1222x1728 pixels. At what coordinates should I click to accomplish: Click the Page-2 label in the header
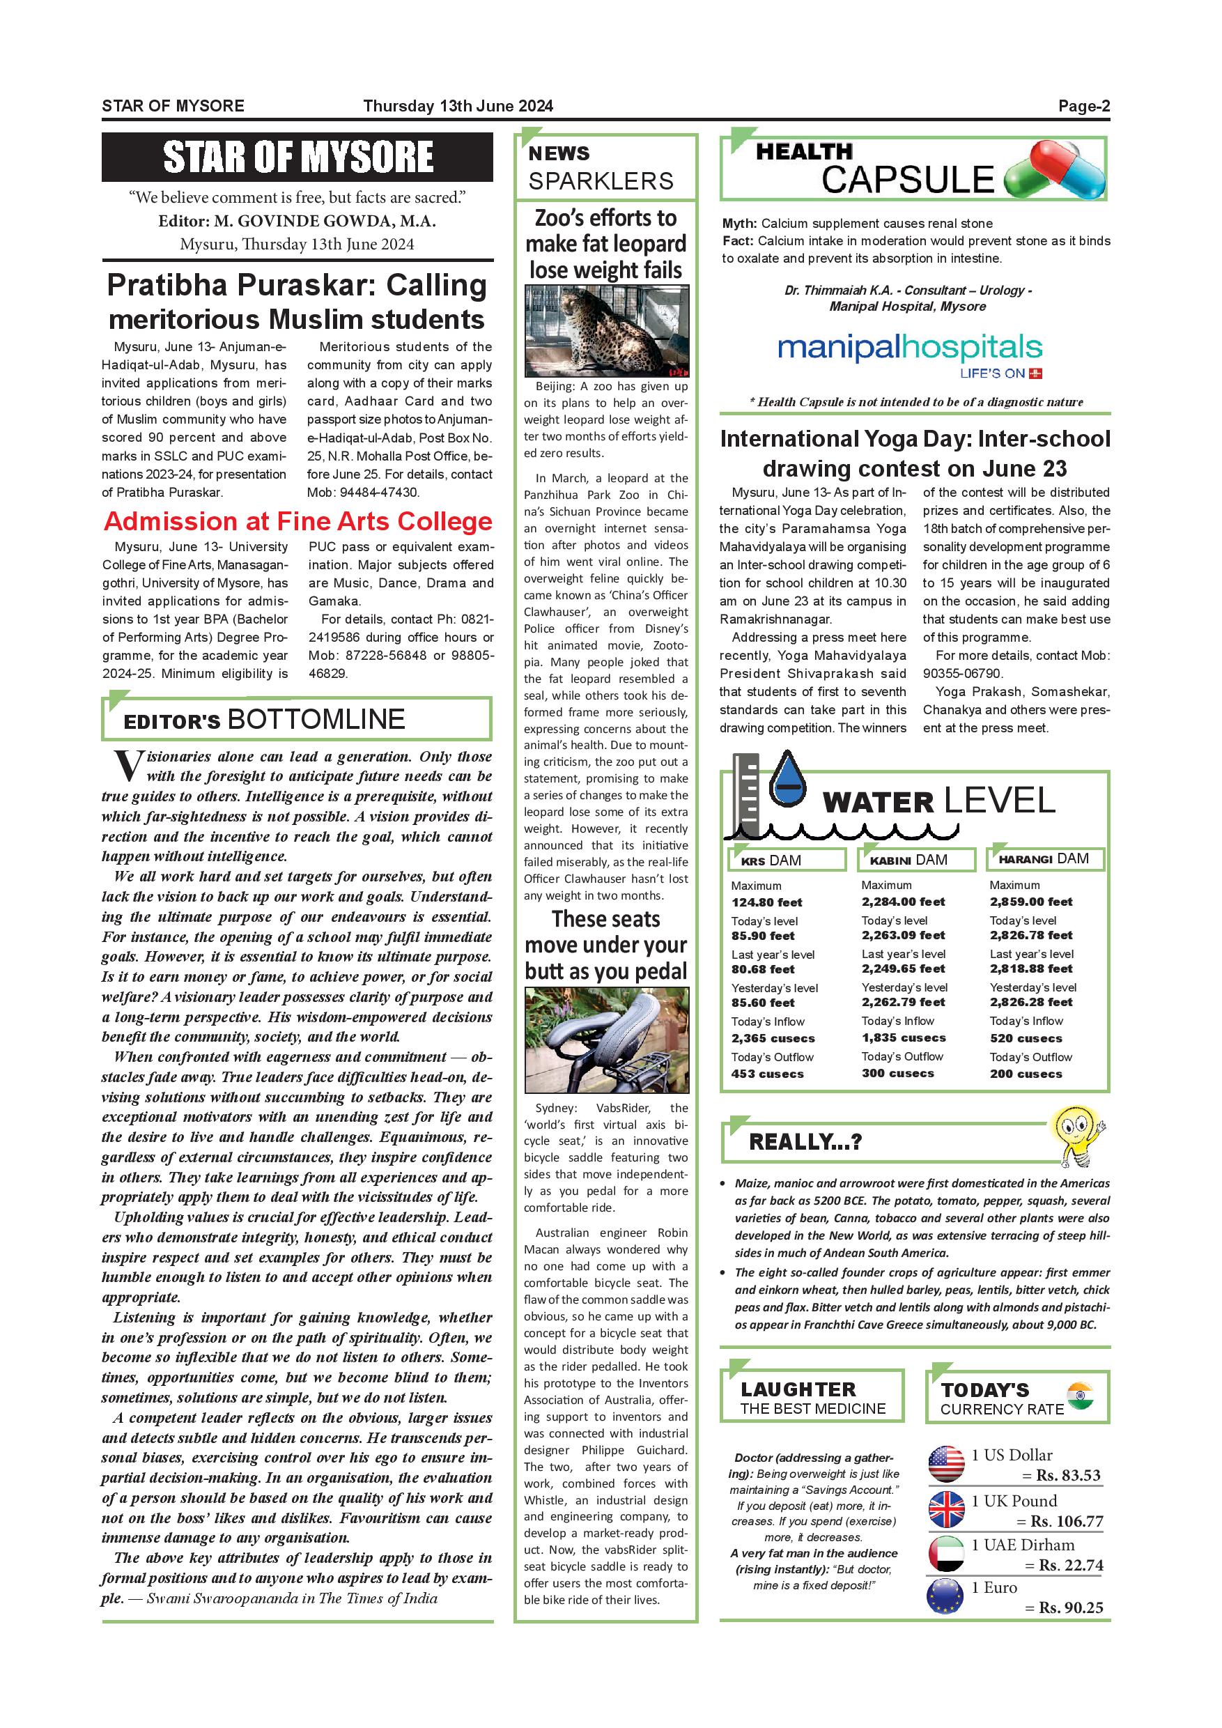(x=1083, y=106)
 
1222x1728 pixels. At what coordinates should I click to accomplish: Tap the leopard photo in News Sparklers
(x=607, y=331)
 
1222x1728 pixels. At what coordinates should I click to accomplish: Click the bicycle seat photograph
(x=607, y=1041)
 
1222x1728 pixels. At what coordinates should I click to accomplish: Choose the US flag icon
(x=946, y=1465)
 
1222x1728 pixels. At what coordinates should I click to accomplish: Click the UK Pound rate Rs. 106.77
(x=1066, y=1522)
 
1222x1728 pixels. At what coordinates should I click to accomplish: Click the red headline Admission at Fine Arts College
(x=298, y=522)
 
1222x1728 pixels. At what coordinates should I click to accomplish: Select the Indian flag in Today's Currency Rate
(x=1080, y=1397)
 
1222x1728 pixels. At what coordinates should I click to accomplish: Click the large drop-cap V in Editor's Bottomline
(x=128, y=767)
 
